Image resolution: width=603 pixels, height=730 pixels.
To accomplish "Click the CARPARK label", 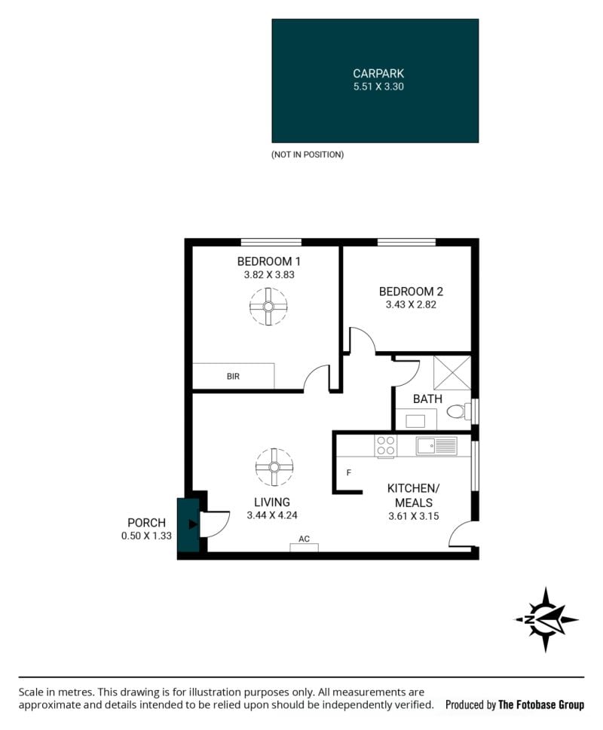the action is [x=378, y=74].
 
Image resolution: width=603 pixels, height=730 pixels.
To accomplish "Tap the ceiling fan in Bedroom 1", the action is [x=268, y=307].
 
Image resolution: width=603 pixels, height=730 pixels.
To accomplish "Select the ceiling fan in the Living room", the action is [x=274, y=467].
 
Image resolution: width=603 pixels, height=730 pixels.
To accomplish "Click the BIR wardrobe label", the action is [x=233, y=376].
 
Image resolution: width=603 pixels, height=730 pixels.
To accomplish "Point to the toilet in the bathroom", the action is [x=458, y=411].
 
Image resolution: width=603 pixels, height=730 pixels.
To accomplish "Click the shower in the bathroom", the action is [x=452, y=372].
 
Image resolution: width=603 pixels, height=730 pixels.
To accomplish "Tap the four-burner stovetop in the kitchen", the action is [x=386, y=445].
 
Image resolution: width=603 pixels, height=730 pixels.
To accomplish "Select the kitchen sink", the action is [x=436, y=446].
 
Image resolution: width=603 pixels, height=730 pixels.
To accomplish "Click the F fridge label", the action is [x=349, y=473].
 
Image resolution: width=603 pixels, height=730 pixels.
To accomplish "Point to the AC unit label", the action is [x=304, y=539].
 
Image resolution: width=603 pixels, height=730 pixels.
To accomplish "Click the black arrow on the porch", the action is [x=193, y=524].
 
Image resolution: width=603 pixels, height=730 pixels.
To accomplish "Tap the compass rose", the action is [x=546, y=620].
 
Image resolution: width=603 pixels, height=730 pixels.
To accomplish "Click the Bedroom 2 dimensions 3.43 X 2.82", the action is [x=411, y=304].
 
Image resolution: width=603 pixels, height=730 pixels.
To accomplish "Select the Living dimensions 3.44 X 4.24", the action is [x=272, y=515].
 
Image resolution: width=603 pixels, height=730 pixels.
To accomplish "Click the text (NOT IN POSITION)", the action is [x=308, y=154].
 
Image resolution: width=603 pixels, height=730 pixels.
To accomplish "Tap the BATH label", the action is [x=427, y=399].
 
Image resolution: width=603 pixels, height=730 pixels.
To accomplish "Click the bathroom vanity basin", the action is [x=415, y=421].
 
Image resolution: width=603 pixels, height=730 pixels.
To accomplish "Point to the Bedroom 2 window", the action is [x=406, y=242].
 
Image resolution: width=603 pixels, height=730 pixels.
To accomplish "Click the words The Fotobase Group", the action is [x=541, y=705].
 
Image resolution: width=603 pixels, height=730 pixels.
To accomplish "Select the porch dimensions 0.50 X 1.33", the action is [x=146, y=536].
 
